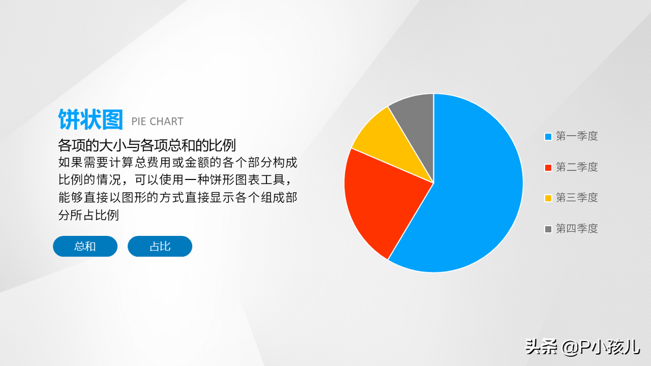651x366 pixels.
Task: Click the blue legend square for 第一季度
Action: point(548,137)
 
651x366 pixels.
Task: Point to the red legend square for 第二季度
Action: point(548,168)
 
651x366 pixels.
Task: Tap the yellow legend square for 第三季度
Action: point(548,198)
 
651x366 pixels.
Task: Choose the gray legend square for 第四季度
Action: point(548,229)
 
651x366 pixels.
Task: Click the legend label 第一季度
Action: point(577,136)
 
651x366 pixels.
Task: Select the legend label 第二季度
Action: point(577,167)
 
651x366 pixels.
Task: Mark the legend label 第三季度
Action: point(577,198)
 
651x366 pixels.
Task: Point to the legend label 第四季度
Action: point(577,229)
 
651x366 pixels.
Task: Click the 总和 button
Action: point(85,246)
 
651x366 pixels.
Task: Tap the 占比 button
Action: point(160,246)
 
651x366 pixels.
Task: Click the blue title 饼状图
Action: point(91,119)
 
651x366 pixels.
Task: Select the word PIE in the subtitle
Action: point(139,121)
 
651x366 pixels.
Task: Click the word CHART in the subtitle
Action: point(166,121)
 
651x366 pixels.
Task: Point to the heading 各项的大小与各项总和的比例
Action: point(147,145)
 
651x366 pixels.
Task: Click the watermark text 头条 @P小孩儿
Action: point(583,347)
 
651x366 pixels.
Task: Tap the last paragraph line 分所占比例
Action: point(88,215)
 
